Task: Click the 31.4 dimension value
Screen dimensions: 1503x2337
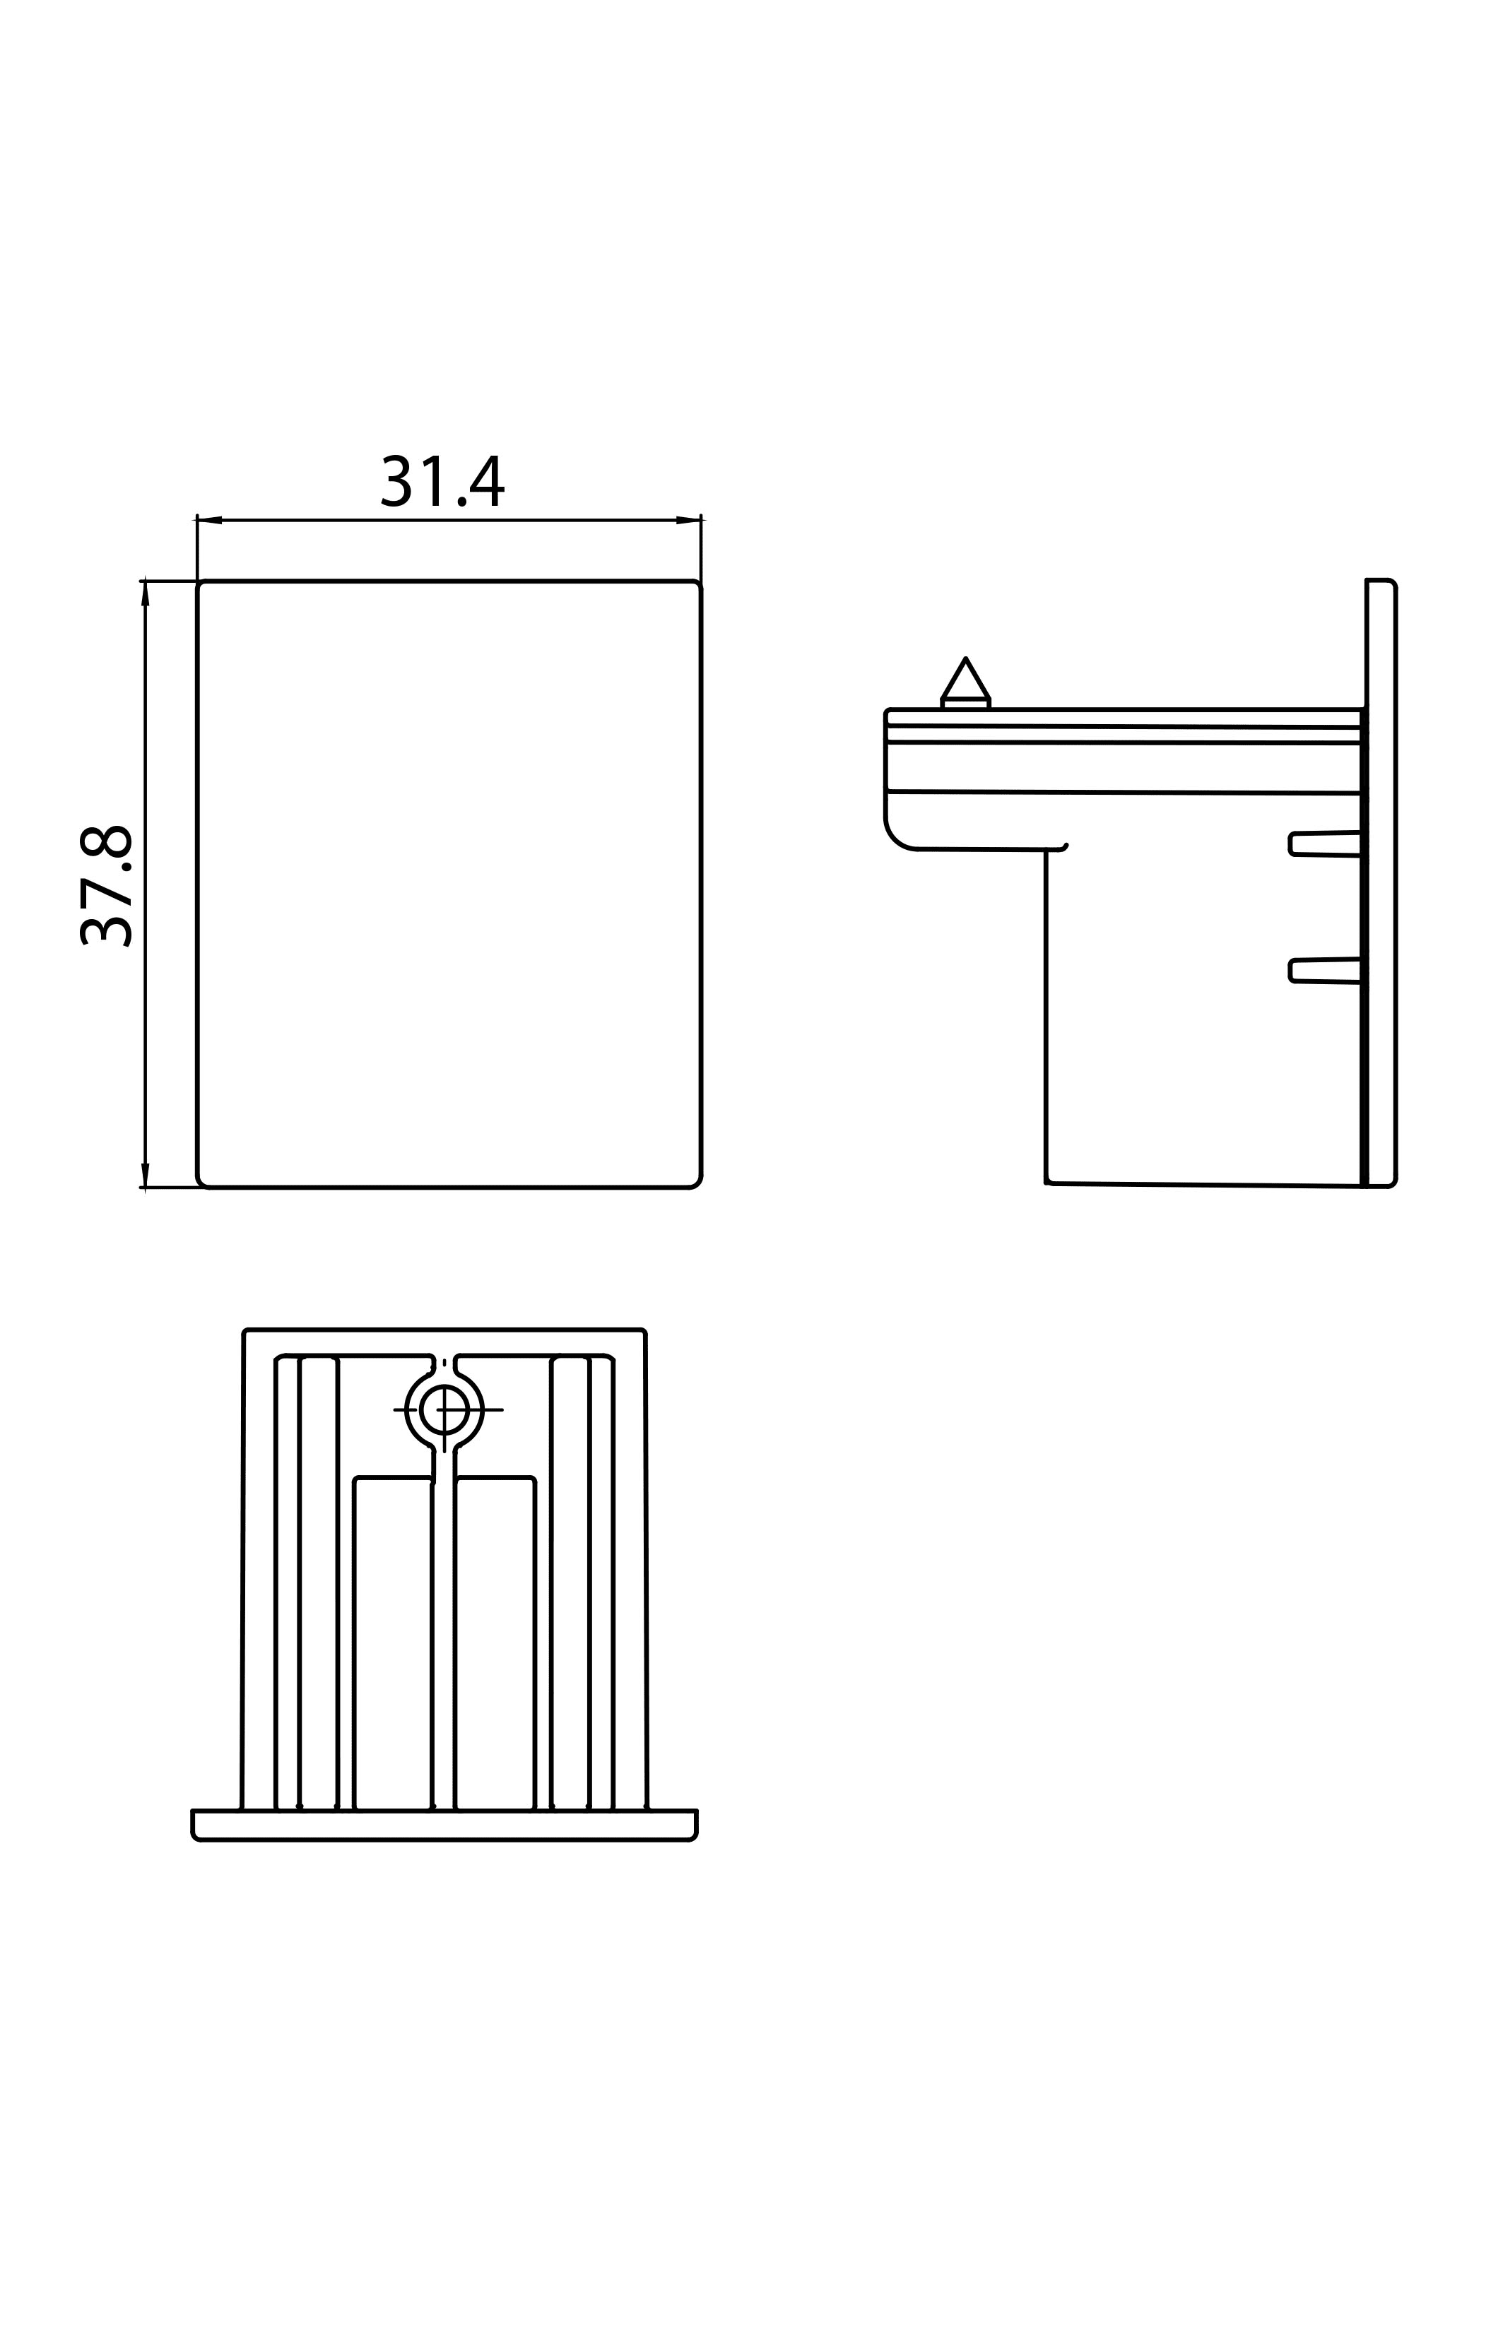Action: [442, 480]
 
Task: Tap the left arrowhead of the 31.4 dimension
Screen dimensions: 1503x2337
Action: [210, 520]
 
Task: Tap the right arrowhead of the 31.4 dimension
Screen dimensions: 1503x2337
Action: [688, 520]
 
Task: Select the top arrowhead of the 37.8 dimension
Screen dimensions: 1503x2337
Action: [146, 593]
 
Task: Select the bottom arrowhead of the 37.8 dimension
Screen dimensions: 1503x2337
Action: [146, 1175]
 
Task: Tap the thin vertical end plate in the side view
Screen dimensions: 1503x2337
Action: [1381, 883]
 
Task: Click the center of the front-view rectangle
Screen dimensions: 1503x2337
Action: [449, 884]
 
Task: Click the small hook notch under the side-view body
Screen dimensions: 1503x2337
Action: [1060, 848]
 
